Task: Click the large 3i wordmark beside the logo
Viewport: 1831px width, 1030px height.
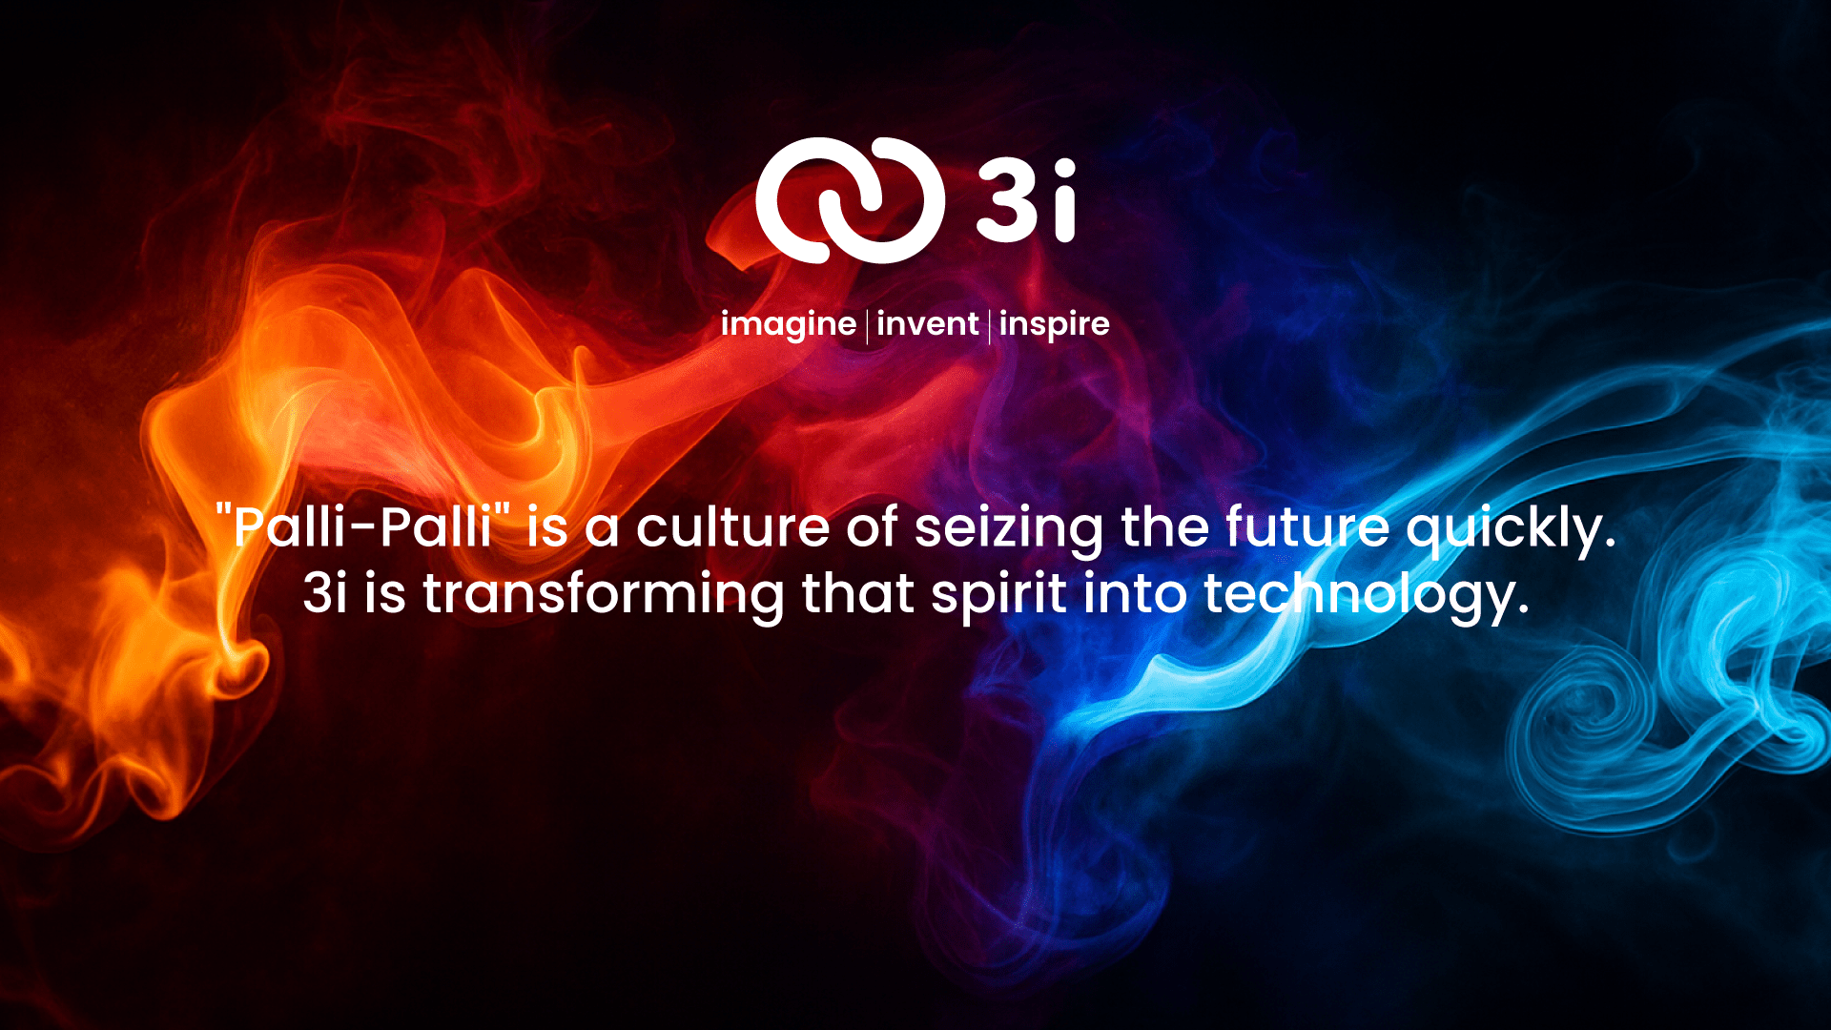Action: click(1026, 200)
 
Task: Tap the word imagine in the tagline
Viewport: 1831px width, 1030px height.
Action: click(788, 324)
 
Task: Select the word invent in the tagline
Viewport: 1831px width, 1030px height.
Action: click(927, 324)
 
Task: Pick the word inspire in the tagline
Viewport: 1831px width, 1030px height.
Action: click(1054, 324)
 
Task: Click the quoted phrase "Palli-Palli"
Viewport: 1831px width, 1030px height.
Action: click(364, 525)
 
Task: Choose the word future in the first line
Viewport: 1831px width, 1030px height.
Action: click(1306, 526)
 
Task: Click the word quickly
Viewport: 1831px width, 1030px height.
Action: click(1511, 529)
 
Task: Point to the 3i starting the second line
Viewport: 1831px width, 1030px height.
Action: click(324, 593)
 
